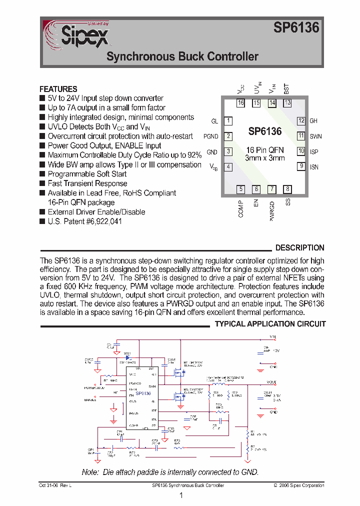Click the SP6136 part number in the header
296,28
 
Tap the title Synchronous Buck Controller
182,56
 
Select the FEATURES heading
58,89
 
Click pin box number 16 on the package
241,103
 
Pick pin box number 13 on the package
287,103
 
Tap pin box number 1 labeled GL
228,121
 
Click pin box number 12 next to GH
301,121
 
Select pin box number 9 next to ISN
301,166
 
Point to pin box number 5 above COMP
241,189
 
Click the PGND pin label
210,136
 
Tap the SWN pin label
315,136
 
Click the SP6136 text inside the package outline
265,131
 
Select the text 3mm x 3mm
265,158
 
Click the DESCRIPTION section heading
299,248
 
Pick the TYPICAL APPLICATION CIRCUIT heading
270,324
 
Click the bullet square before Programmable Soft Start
42,174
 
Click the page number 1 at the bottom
180,495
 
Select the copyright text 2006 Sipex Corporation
300,485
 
